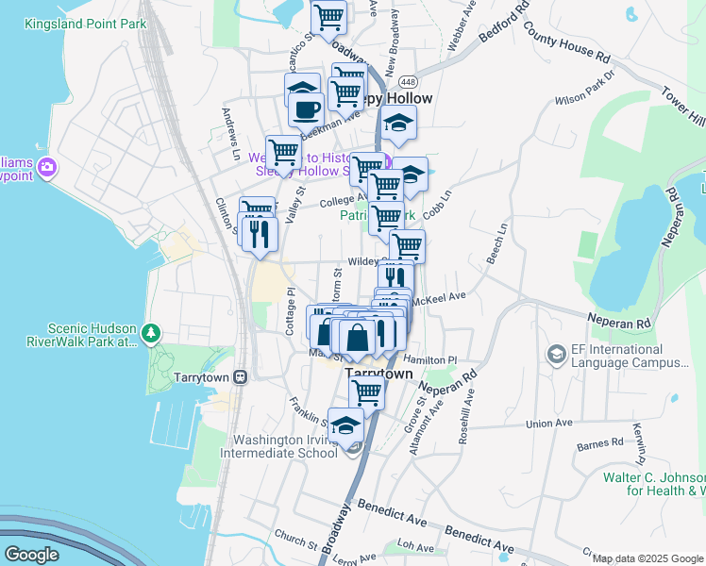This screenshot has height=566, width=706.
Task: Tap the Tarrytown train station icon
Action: tap(241, 376)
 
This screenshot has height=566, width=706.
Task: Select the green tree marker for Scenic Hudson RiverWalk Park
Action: tap(151, 332)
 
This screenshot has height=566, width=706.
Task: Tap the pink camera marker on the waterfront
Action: tap(48, 169)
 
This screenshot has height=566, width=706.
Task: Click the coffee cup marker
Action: tap(305, 108)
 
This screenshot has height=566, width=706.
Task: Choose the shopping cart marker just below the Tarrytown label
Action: tap(366, 391)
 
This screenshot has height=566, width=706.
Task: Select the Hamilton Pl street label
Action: tap(429, 360)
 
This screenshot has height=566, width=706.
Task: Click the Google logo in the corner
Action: tap(32, 554)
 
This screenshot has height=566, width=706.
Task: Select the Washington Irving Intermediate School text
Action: tap(285, 446)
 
